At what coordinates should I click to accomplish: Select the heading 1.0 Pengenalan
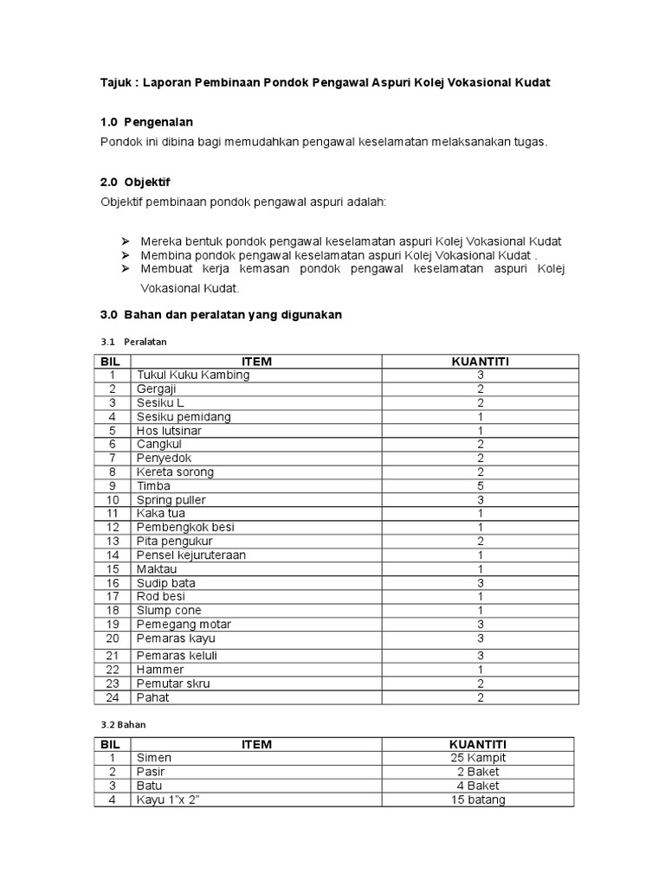(x=146, y=122)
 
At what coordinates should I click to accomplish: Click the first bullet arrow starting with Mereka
(x=125, y=241)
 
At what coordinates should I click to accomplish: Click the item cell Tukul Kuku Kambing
(x=192, y=375)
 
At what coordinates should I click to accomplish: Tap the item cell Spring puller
(x=171, y=500)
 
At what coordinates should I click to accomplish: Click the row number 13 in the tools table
(x=112, y=541)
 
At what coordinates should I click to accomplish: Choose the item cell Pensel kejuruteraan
(x=190, y=555)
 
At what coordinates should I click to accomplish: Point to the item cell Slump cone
(x=168, y=610)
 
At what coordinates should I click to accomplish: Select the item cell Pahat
(x=152, y=697)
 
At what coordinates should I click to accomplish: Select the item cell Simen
(x=154, y=758)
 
